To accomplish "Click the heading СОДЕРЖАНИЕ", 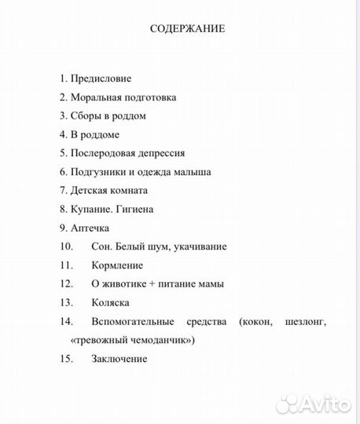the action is [x=188, y=29].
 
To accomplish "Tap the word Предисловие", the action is [x=101, y=79].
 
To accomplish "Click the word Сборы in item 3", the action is [x=84, y=116].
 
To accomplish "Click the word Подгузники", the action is [x=98, y=172].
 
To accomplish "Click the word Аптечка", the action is [x=90, y=228].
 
